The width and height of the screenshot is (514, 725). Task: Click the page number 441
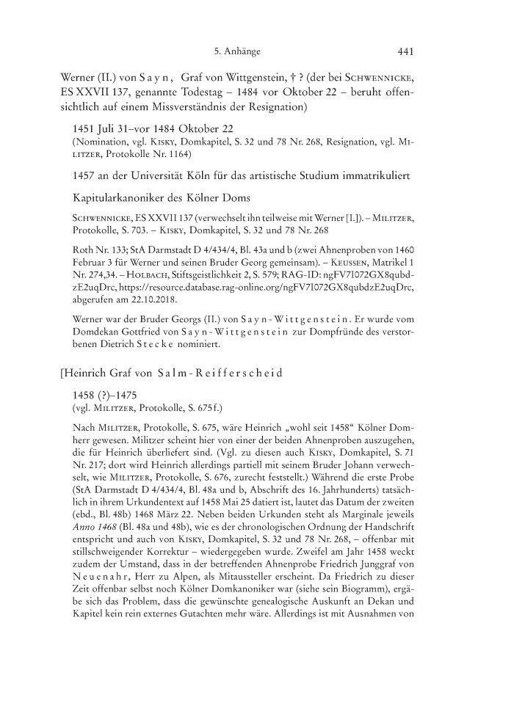[x=407, y=51]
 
